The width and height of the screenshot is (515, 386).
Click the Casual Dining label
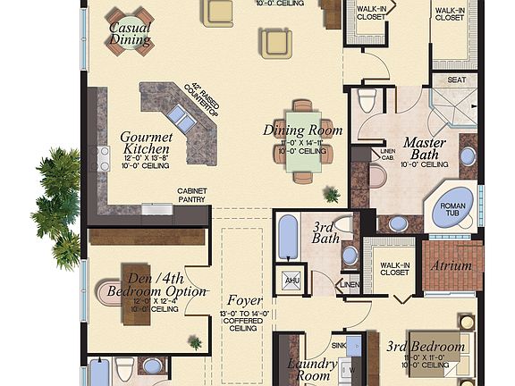tap(130, 33)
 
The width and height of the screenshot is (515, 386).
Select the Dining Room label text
tap(302, 130)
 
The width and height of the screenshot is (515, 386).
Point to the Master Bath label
tap(425, 149)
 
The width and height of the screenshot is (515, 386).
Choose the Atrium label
tap(452, 266)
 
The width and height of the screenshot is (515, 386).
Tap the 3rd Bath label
tap(323, 233)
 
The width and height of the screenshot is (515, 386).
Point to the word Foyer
tap(244, 300)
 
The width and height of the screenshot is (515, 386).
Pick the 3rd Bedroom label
tap(425, 346)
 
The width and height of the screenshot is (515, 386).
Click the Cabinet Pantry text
tap(192, 196)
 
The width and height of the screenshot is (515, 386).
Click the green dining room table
tap(302, 143)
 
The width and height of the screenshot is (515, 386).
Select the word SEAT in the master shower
tap(456, 80)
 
